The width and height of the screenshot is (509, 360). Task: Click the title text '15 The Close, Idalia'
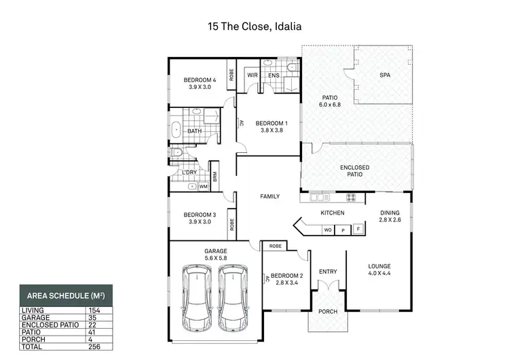point(254,28)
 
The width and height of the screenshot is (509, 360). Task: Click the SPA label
point(385,75)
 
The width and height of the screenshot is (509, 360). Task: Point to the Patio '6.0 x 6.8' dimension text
point(330,105)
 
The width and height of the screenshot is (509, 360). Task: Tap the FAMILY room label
point(270,196)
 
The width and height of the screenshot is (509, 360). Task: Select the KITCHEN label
point(333,213)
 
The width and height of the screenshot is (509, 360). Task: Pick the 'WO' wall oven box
point(327,230)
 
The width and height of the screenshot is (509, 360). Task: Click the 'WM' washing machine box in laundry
point(203,186)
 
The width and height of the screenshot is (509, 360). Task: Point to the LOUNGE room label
point(379,266)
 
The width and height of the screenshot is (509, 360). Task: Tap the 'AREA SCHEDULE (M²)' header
point(66,296)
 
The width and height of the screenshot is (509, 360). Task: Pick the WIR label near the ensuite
point(251,75)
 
